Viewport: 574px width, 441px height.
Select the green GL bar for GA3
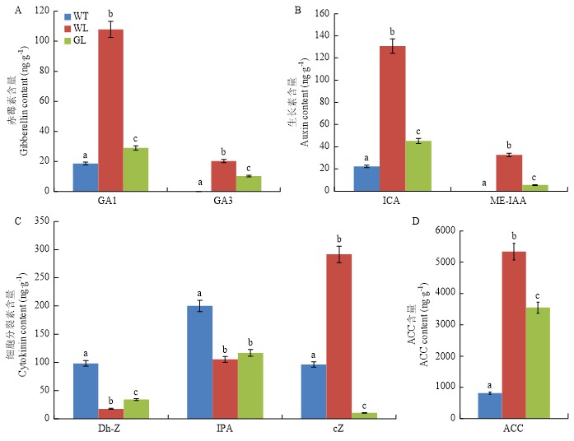(250, 183)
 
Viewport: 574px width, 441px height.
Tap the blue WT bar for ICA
(366, 179)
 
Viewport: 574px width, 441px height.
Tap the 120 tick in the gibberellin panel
(48, 12)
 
